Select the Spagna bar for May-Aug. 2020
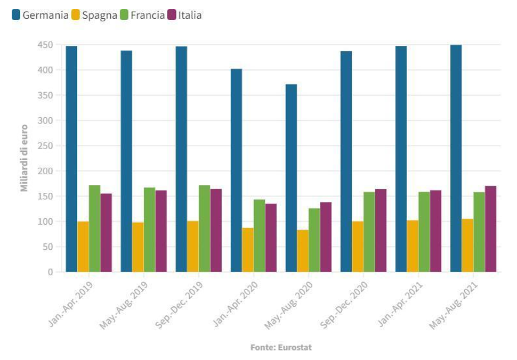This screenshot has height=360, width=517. pyautogui.click(x=303, y=251)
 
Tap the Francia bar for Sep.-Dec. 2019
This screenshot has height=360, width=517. pyautogui.click(x=204, y=228)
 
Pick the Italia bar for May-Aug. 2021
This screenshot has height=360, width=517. pyautogui.click(x=490, y=229)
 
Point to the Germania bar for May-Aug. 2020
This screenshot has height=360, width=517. pyautogui.click(x=291, y=178)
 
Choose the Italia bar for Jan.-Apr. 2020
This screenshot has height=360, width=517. pyautogui.click(x=271, y=238)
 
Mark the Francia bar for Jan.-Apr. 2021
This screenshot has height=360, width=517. pyautogui.click(x=424, y=232)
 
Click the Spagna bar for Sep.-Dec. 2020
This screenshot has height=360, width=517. pyautogui.click(x=358, y=247)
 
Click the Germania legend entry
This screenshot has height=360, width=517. pyautogui.click(x=39, y=15)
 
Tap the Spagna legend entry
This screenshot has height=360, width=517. pyautogui.click(x=94, y=15)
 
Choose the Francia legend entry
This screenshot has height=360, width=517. pyautogui.click(x=143, y=15)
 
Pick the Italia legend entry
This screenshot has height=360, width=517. pyautogui.click(x=184, y=15)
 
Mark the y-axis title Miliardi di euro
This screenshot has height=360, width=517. pyautogui.click(x=24, y=158)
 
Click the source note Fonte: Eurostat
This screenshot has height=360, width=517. pyautogui.click(x=281, y=347)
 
